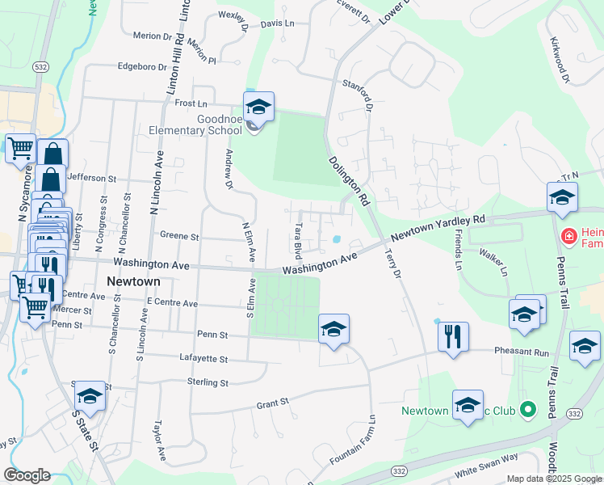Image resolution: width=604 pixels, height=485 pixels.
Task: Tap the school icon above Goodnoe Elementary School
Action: (258, 107)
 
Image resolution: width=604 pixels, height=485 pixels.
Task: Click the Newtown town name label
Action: (133, 281)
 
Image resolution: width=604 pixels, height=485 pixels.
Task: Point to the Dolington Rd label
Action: (349, 180)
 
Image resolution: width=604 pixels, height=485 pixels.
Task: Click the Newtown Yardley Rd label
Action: (438, 229)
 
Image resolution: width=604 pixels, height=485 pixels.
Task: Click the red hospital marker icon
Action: (568, 235)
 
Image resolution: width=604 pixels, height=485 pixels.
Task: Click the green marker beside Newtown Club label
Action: (528, 410)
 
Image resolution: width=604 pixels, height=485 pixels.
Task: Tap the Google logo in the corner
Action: (27, 475)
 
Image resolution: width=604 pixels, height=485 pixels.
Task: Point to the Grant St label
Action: (272, 403)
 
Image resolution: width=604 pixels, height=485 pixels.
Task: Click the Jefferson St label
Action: (93, 177)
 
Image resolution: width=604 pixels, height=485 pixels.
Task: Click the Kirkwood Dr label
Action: (560, 61)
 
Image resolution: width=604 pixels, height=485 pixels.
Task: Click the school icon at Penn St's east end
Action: (333, 329)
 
